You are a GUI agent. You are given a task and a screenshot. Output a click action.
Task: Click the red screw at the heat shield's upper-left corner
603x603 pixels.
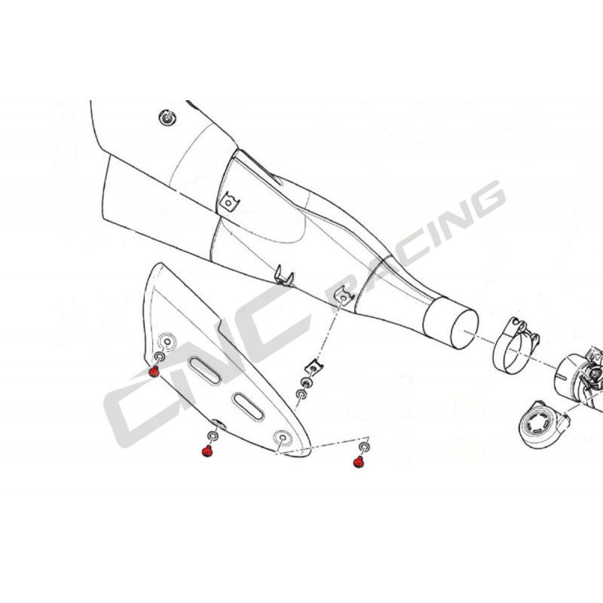tap(154, 372)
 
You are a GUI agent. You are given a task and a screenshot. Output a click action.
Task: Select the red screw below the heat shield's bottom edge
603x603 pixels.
tap(207, 451)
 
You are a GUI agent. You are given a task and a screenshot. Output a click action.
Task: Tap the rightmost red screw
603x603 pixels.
tap(359, 462)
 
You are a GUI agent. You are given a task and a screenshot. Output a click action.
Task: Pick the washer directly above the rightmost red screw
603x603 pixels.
tap(364, 447)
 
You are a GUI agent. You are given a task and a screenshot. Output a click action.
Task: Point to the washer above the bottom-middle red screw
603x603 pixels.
tap(213, 436)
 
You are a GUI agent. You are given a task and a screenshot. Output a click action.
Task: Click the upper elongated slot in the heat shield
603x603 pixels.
tap(204, 371)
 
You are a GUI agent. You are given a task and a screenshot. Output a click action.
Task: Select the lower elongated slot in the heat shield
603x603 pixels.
tap(249, 407)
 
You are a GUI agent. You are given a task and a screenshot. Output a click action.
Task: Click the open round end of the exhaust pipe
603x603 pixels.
tap(464, 329)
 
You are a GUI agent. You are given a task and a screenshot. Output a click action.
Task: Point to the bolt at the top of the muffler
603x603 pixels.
tap(167, 118)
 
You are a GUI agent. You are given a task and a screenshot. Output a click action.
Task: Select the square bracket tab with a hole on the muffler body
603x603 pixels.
tap(230, 201)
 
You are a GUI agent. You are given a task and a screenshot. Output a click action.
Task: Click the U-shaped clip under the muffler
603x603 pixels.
tap(284, 276)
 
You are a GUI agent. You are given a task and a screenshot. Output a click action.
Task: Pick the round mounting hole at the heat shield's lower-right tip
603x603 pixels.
tap(283, 438)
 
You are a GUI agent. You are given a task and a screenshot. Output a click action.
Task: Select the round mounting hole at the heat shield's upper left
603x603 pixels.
tap(167, 341)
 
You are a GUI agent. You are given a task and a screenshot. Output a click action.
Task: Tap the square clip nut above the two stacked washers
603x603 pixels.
tap(314, 367)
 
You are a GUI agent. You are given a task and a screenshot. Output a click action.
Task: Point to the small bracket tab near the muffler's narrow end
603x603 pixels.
tap(344, 296)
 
